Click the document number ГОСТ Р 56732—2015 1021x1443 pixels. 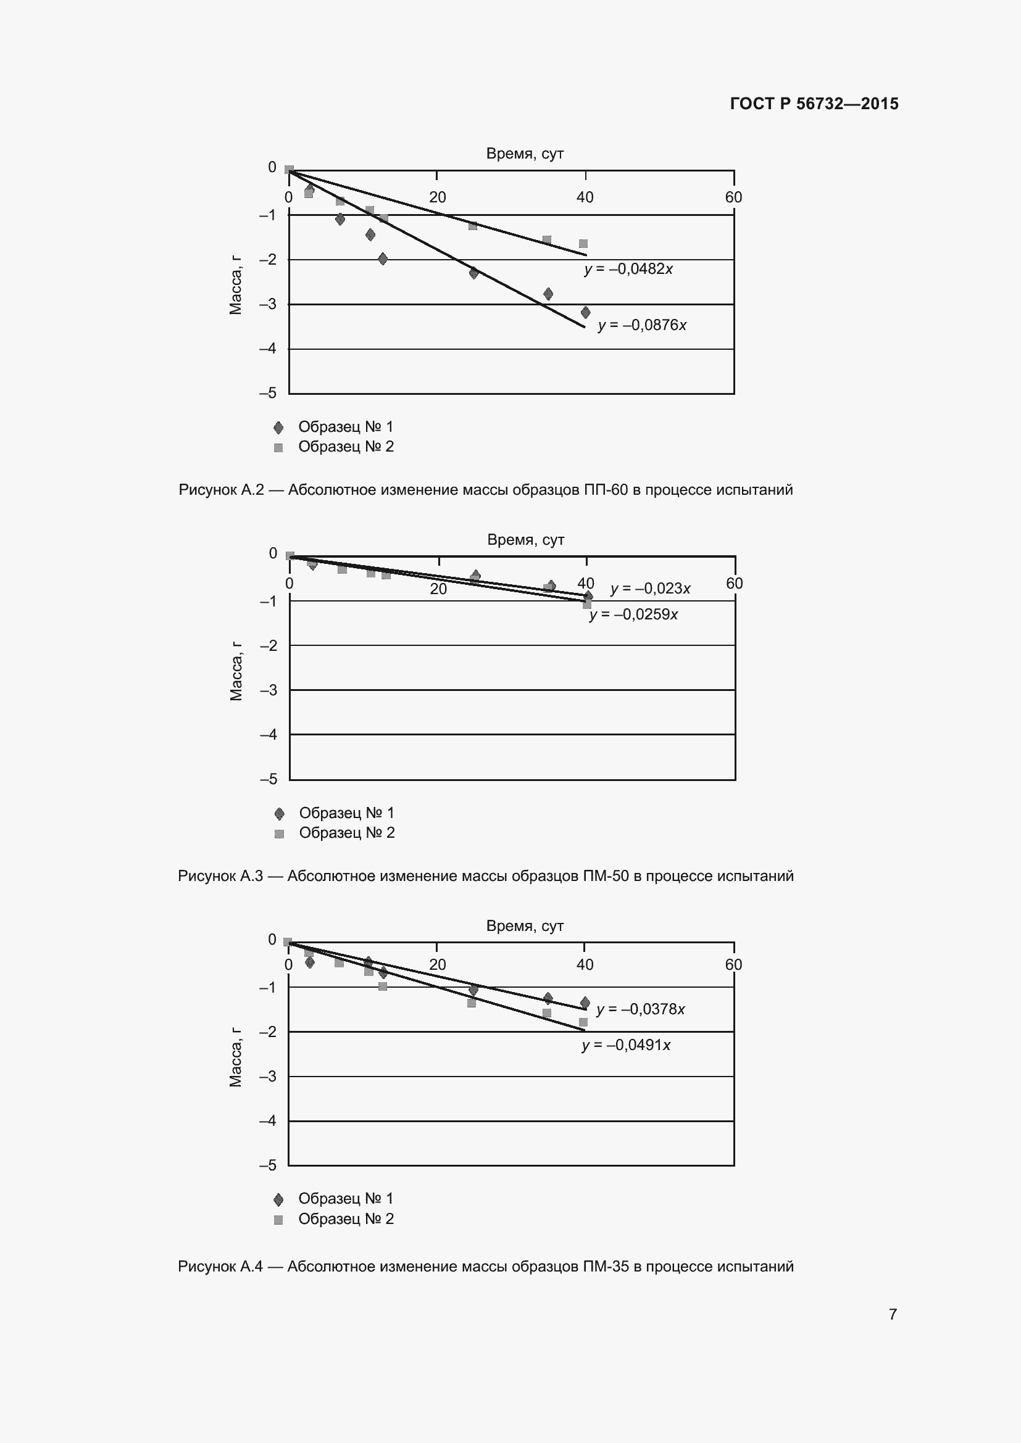pyautogui.click(x=814, y=104)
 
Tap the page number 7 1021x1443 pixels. pyautogui.click(x=893, y=1313)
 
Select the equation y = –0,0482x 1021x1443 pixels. pyautogui.click(x=628, y=269)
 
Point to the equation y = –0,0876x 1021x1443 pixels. pyautogui.click(x=642, y=325)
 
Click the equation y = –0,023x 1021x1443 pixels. pyautogui.click(x=650, y=589)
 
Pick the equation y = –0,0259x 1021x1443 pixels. pyautogui.click(x=633, y=614)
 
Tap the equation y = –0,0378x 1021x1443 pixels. pyautogui.click(x=640, y=1009)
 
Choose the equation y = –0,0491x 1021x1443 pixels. pyautogui.click(x=626, y=1044)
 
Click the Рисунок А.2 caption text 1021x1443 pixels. pyautogui.click(x=485, y=490)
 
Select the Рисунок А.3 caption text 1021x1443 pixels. pyautogui.click(x=485, y=875)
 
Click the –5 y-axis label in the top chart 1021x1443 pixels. pyautogui.click(x=269, y=393)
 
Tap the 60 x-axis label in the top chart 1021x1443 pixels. pyautogui.click(x=733, y=197)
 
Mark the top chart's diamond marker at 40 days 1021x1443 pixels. pyautogui.click(x=585, y=312)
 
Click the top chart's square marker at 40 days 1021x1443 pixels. pyautogui.click(x=583, y=244)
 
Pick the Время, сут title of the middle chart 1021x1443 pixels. pyautogui.click(x=525, y=540)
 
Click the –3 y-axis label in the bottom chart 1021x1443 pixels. pyautogui.click(x=269, y=1076)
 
